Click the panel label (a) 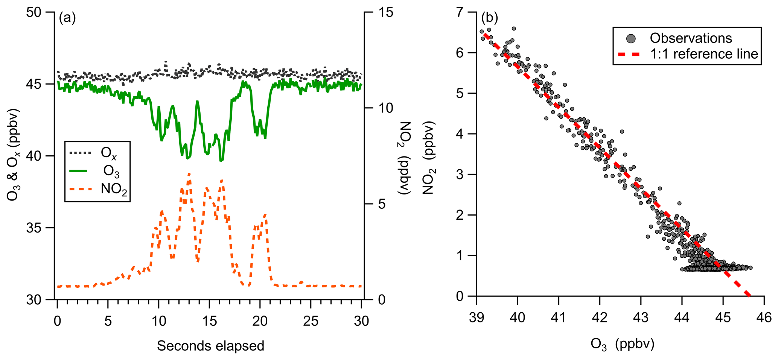tap(67, 18)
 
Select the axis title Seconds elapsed tap(210, 346)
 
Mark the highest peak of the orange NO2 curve tap(189, 174)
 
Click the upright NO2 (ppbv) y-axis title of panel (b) tap(428, 158)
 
